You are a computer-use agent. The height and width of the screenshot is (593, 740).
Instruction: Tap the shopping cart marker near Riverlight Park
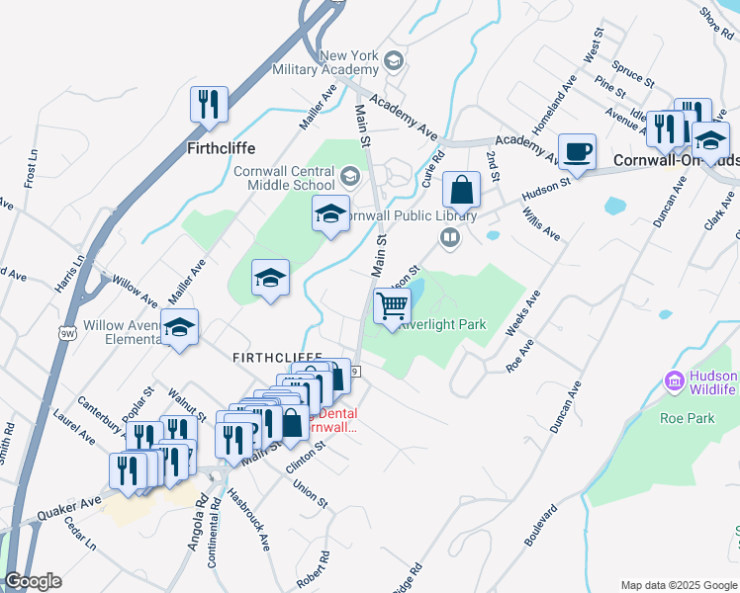coord(393,307)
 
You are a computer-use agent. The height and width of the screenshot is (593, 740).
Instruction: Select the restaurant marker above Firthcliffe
coord(209,104)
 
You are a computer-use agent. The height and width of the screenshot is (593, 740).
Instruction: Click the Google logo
coord(34,581)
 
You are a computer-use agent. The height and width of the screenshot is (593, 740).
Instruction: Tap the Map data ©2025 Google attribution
coord(679,585)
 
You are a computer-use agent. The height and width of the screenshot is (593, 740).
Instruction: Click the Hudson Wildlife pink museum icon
coord(676,380)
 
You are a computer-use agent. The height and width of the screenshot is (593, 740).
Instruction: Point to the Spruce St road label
coord(633,73)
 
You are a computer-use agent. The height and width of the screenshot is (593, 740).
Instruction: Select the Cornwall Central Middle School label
coord(285,177)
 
